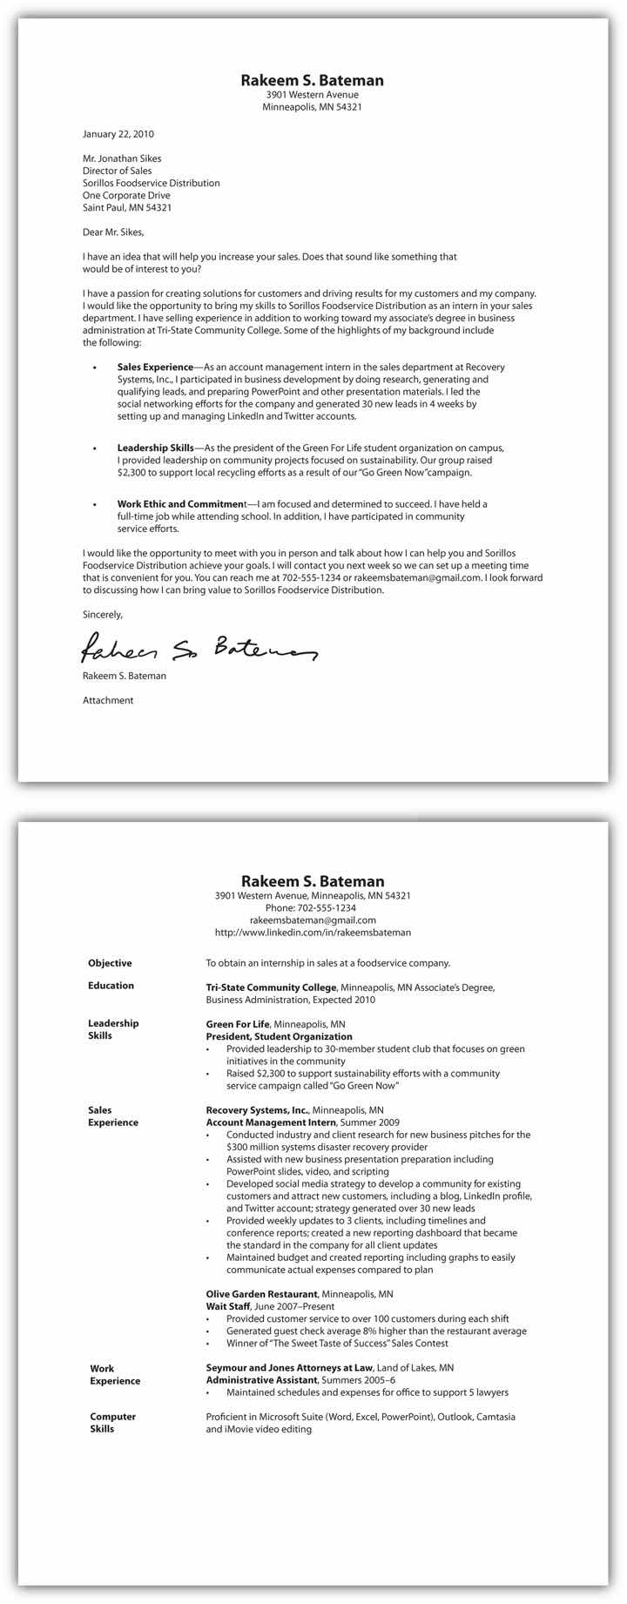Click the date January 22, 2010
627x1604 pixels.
coord(118,134)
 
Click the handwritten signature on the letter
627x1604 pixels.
coord(199,648)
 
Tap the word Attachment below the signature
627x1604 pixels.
coord(108,700)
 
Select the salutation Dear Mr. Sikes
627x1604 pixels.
coord(113,233)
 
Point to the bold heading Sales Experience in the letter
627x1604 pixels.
coord(155,367)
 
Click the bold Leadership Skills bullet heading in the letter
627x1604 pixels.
coord(156,448)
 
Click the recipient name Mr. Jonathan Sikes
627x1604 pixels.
coord(122,158)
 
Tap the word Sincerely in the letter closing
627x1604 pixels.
coord(103,614)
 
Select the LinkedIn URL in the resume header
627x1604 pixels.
coord(313,932)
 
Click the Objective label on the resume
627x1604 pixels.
coord(110,963)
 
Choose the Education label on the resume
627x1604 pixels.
coord(111,986)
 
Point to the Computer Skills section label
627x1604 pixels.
coord(113,1423)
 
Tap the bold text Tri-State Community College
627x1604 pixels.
coord(271,987)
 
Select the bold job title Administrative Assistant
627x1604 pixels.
coord(262,1380)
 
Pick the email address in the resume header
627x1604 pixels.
coord(313,920)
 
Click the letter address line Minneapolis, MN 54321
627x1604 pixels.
coord(312,107)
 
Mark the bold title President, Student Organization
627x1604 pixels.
coord(279,1037)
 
